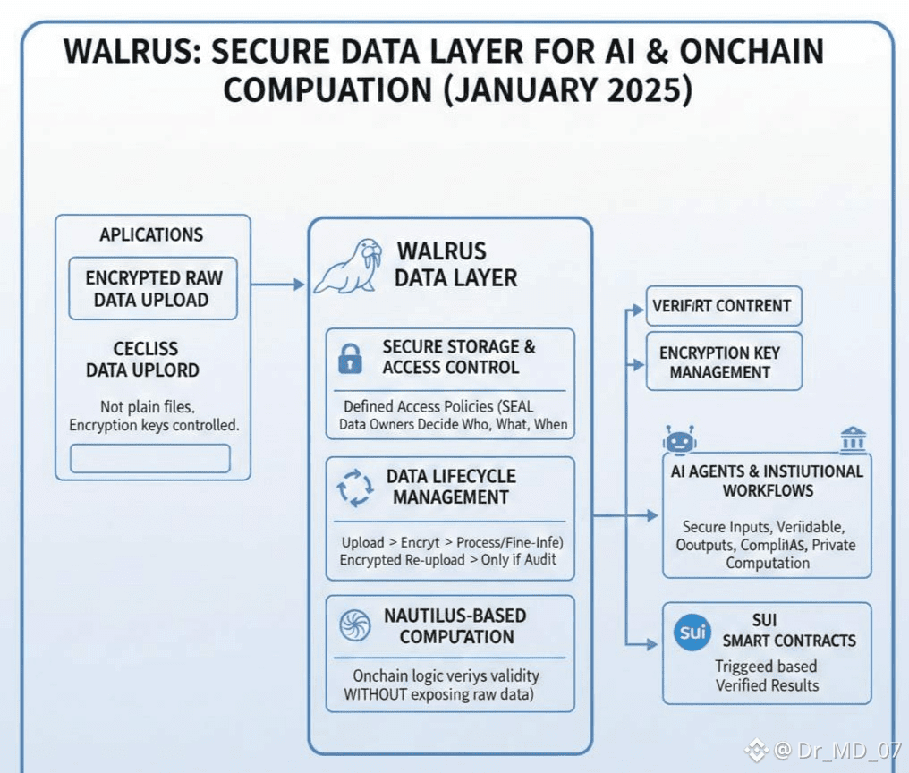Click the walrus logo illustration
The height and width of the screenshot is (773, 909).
click(348, 267)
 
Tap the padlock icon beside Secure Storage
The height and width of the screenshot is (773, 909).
click(349, 358)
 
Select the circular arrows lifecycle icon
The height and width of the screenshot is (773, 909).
click(354, 488)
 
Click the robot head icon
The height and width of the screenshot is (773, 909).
click(679, 441)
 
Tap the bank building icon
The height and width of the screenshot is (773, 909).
click(853, 440)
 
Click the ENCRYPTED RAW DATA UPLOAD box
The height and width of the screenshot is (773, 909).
click(153, 289)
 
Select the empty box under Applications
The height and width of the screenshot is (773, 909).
click(150, 459)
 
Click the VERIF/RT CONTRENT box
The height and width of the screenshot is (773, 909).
click(724, 306)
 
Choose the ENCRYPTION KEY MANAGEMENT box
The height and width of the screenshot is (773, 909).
click(724, 362)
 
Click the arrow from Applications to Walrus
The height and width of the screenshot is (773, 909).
click(278, 285)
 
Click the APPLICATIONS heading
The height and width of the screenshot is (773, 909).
click(151, 235)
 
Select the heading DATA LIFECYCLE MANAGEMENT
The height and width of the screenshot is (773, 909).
click(451, 487)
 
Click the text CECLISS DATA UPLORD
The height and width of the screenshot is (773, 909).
click(143, 360)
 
